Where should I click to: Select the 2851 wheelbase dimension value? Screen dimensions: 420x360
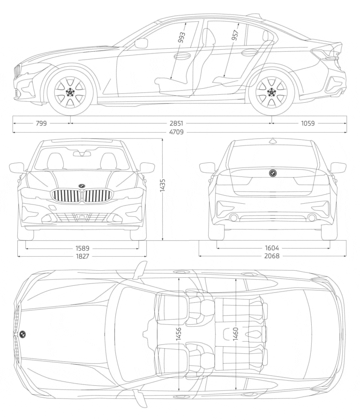[177, 123]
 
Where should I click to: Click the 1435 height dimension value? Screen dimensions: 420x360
[163, 190]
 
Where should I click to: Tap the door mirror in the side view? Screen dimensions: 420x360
[141, 44]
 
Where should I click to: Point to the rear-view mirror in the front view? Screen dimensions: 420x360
[82, 153]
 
